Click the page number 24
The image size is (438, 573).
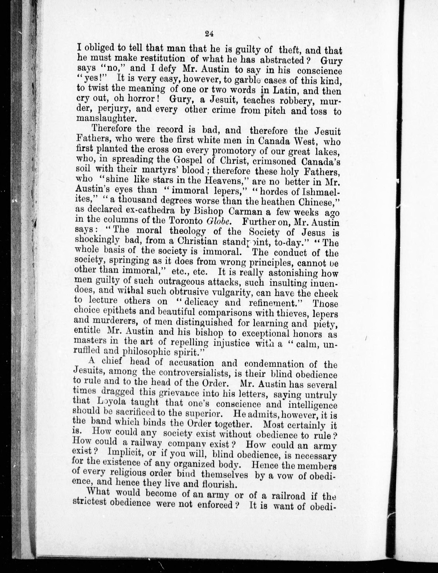click(x=209, y=34)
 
